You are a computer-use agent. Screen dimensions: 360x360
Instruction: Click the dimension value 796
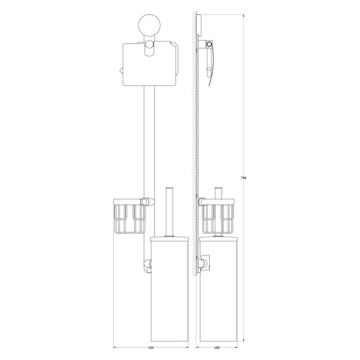pos(243,178)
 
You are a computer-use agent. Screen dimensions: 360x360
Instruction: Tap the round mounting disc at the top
pos(149,24)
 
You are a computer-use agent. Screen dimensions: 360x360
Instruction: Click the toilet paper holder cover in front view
pos(150,64)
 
